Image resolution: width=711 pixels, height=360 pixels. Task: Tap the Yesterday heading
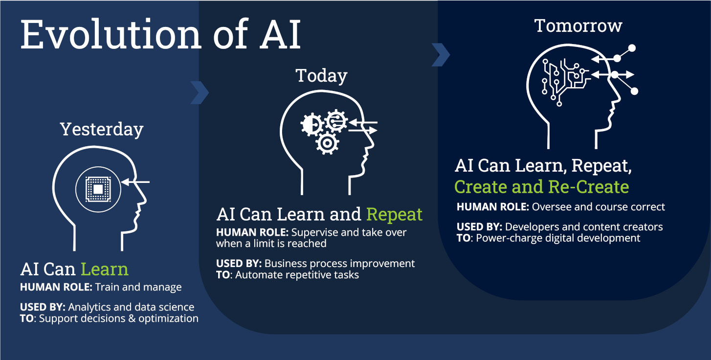[102, 129]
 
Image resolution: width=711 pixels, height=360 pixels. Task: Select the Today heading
[321, 76]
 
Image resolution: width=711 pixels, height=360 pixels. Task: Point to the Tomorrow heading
[578, 25]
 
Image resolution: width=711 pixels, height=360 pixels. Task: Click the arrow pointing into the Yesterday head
[135, 182]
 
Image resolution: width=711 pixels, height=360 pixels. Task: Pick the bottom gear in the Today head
[327, 143]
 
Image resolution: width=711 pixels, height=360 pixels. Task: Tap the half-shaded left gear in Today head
[310, 125]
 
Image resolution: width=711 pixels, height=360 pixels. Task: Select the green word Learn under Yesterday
[104, 269]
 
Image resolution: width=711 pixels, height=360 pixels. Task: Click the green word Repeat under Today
[394, 214]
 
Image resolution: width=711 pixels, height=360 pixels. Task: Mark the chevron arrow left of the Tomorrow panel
[440, 55]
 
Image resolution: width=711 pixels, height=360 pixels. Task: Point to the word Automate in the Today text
[256, 275]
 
